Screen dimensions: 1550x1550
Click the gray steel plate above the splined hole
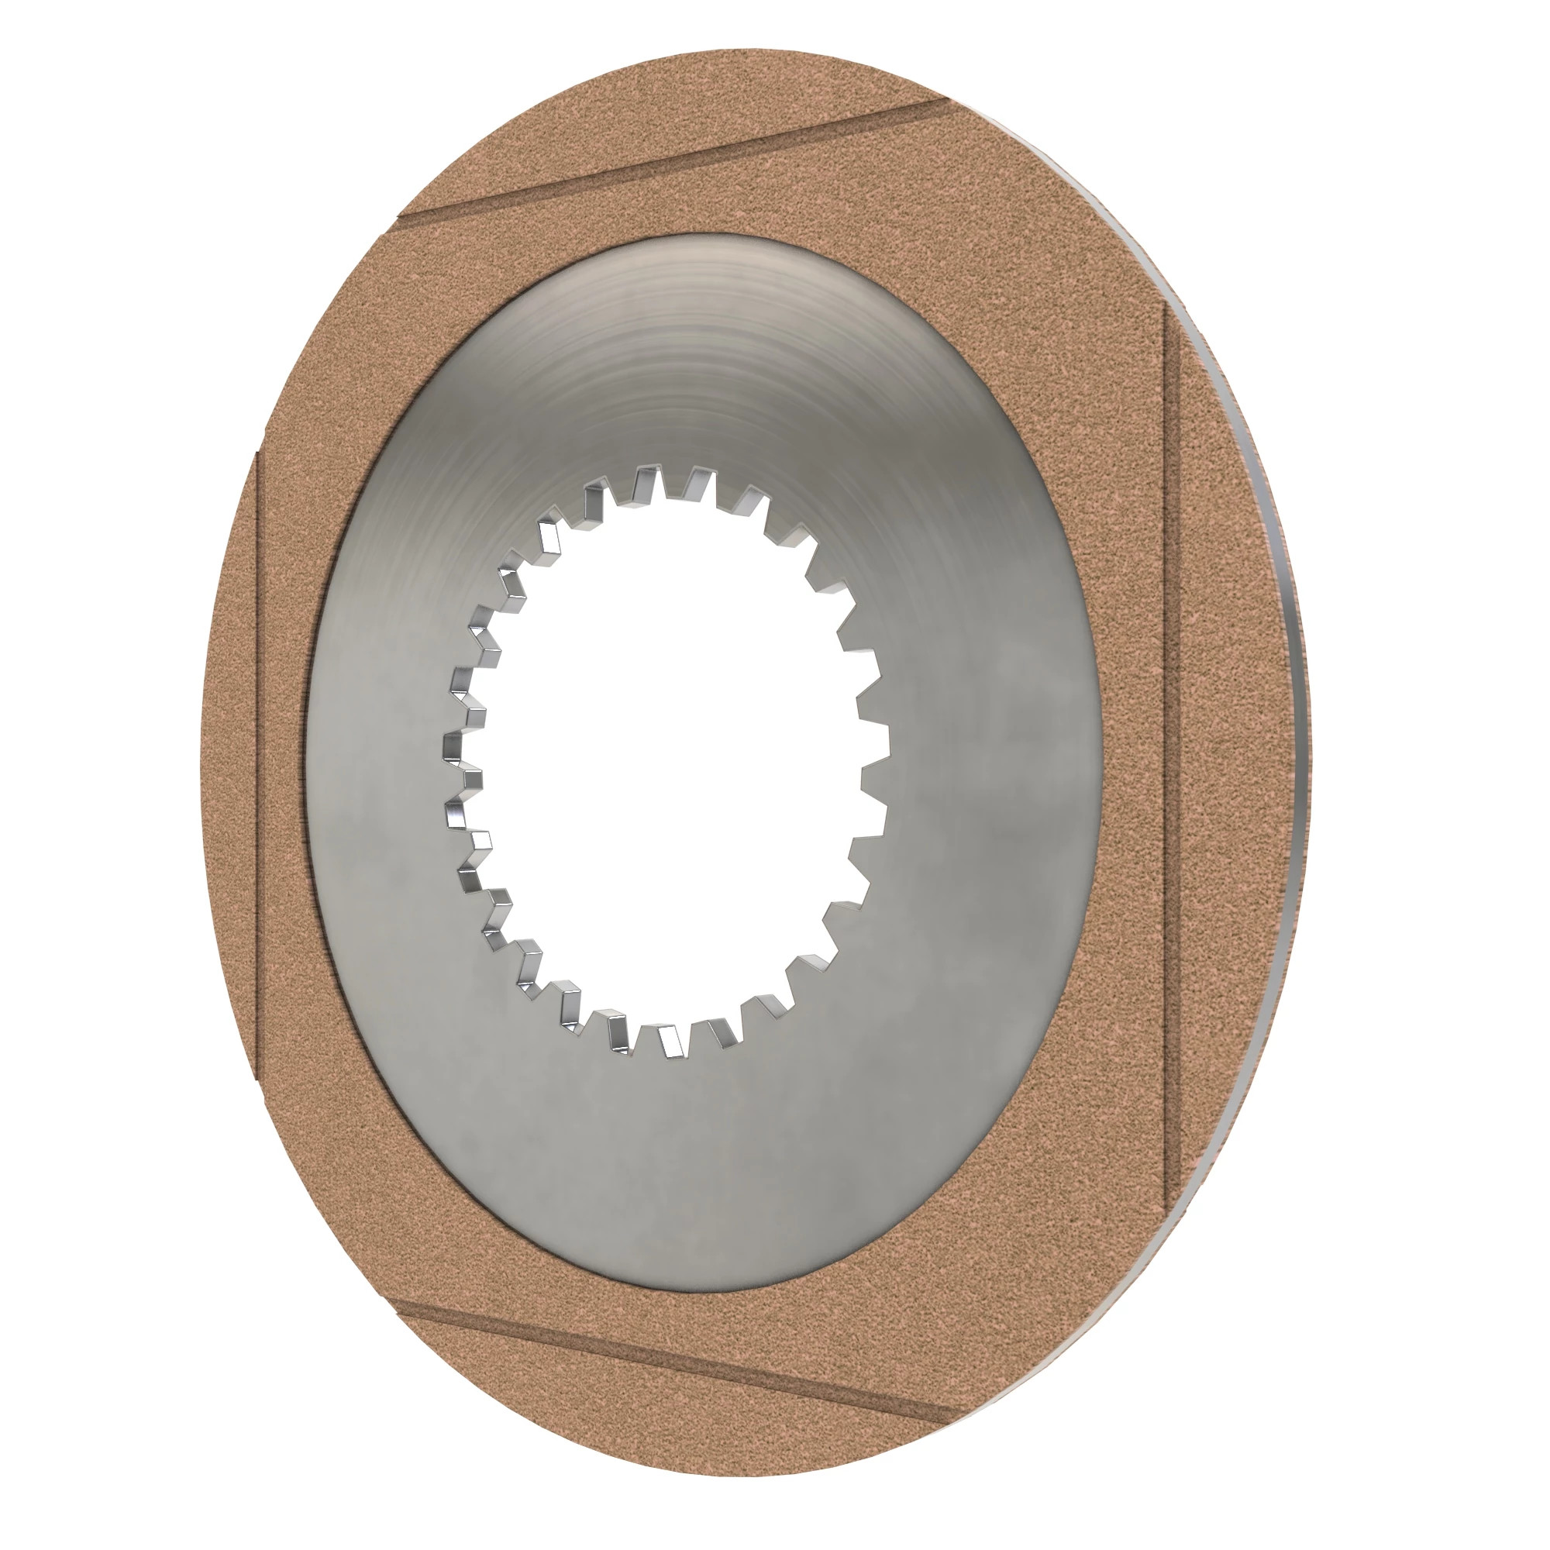tap(666, 361)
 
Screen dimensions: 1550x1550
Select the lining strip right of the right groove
tap(1228, 762)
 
